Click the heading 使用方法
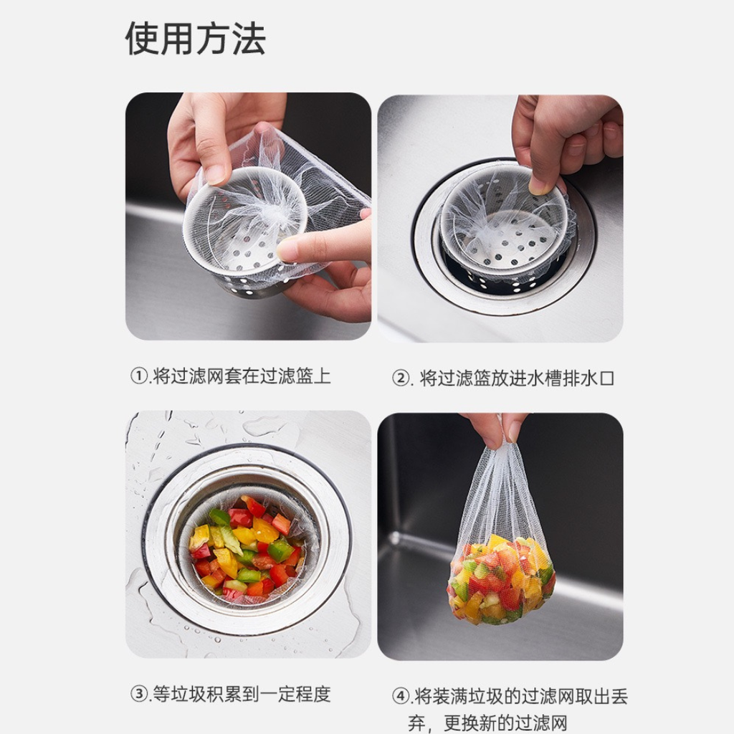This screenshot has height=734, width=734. coord(195,39)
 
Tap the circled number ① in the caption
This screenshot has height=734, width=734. coord(139,376)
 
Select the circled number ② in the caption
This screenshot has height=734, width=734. coord(401,378)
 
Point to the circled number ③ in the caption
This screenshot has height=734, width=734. coord(139,694)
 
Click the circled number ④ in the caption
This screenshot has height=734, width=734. coord(401,696)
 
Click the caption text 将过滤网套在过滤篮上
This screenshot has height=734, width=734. coord(242,376)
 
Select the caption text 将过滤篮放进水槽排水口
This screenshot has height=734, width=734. coord(517,378)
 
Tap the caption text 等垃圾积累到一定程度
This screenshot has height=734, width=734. coord(242,694)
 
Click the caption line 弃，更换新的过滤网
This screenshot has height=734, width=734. coord(487,723)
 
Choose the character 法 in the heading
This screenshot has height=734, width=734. coord(249,39)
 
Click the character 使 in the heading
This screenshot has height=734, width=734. coord(143,39)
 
